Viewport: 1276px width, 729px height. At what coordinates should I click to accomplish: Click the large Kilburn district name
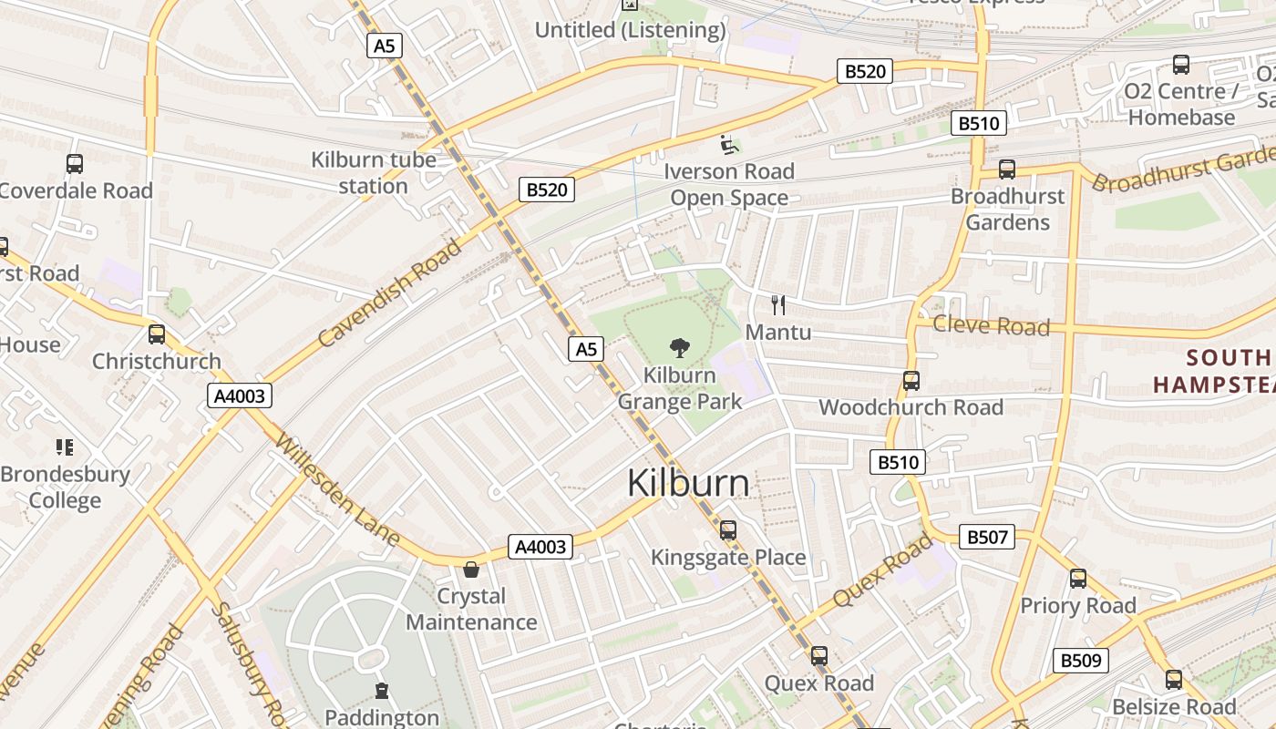point(688,483)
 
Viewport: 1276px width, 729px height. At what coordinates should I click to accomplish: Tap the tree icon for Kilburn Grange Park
point(679,347)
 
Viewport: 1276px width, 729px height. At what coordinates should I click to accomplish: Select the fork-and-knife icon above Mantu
point(777,304)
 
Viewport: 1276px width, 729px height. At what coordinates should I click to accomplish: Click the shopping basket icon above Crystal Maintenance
point(471,570)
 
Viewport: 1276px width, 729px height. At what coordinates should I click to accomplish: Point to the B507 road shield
point(987,538)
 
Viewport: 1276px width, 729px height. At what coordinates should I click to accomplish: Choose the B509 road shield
point(1081,661)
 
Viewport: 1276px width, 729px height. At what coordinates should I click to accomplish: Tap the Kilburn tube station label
point(374,172)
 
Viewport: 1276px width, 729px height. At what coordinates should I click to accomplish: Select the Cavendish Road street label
point(391,293)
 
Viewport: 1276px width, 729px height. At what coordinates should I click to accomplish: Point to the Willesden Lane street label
point(337,490)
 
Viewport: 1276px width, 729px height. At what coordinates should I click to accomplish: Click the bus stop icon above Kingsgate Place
point(727,529)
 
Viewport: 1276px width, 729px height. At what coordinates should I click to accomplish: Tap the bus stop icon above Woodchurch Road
point(911,381)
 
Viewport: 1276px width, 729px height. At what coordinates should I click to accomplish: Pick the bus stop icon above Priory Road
point(1078,578)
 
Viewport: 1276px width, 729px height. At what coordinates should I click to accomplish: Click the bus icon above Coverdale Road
point(75,164)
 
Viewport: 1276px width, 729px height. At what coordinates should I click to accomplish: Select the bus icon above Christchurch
point(157,334)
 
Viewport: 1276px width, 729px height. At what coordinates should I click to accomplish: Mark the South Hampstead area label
point(1212,370)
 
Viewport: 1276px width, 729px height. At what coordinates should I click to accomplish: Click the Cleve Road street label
point(992,325)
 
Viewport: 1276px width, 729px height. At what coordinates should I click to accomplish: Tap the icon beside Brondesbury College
point(65,447)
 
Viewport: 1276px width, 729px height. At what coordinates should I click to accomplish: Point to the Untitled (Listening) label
point(630,30)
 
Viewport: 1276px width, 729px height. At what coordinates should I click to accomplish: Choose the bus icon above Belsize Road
point(1174,679)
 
